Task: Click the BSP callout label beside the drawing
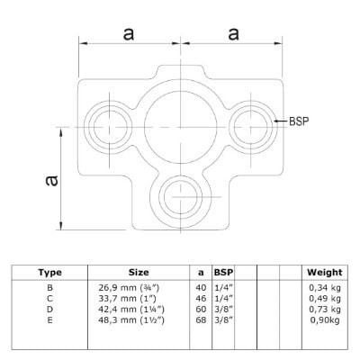click(299, 121)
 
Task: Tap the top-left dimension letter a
click(129, 33)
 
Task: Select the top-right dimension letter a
click(233, 33)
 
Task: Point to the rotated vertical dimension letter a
click(51, 181)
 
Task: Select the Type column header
click(49, 273)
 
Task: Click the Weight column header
click(325, 273)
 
